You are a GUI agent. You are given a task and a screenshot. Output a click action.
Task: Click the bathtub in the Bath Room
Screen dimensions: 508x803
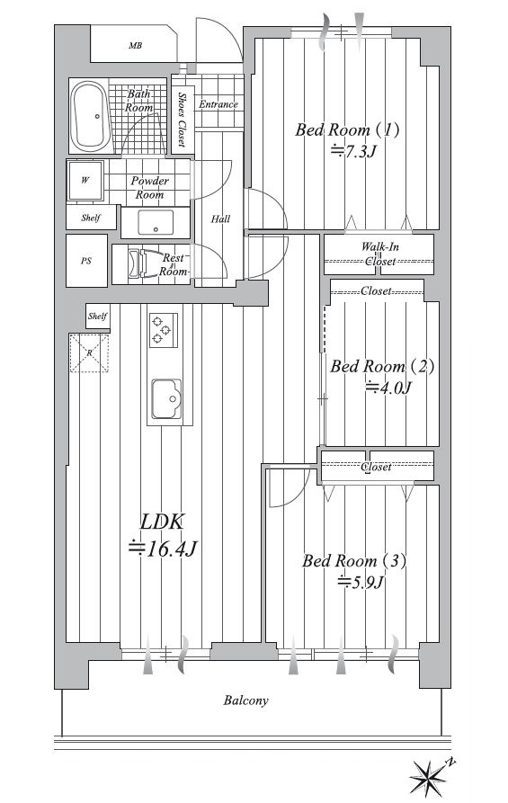tap(90, 115)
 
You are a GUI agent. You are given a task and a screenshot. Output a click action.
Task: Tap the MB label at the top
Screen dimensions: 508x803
tap(135, 46)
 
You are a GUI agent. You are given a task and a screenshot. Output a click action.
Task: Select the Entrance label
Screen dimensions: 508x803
tap(218, 104)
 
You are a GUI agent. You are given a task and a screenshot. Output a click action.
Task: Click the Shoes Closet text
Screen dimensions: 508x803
tap(182, 119)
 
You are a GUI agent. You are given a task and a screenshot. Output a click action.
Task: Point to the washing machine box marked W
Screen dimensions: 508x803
tap(85, 180)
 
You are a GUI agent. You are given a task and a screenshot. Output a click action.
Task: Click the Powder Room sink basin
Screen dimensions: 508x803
tap(156, 222)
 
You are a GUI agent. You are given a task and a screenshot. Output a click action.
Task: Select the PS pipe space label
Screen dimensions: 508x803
tap(86, 261)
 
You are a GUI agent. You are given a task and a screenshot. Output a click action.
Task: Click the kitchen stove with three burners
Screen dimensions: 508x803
tap(164, 330)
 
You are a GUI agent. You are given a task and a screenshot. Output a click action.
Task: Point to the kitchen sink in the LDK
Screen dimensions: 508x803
tap(166, 398)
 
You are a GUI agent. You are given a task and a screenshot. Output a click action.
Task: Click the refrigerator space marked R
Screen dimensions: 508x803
tap(89, 352)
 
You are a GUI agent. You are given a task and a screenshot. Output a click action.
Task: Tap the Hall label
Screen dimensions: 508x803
tap(220, 219)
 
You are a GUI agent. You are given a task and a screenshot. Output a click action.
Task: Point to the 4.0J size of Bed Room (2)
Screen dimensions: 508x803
tap(388, 388)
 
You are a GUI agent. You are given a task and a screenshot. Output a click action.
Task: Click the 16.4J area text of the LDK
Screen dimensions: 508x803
tap(162, 549)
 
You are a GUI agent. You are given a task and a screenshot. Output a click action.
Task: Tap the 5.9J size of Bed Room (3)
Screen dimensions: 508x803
tap(361, 582)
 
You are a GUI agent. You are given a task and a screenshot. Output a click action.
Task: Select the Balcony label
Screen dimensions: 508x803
tap(245, 700)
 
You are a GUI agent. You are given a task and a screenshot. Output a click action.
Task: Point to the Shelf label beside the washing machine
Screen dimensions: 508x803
tap(91, 218)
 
